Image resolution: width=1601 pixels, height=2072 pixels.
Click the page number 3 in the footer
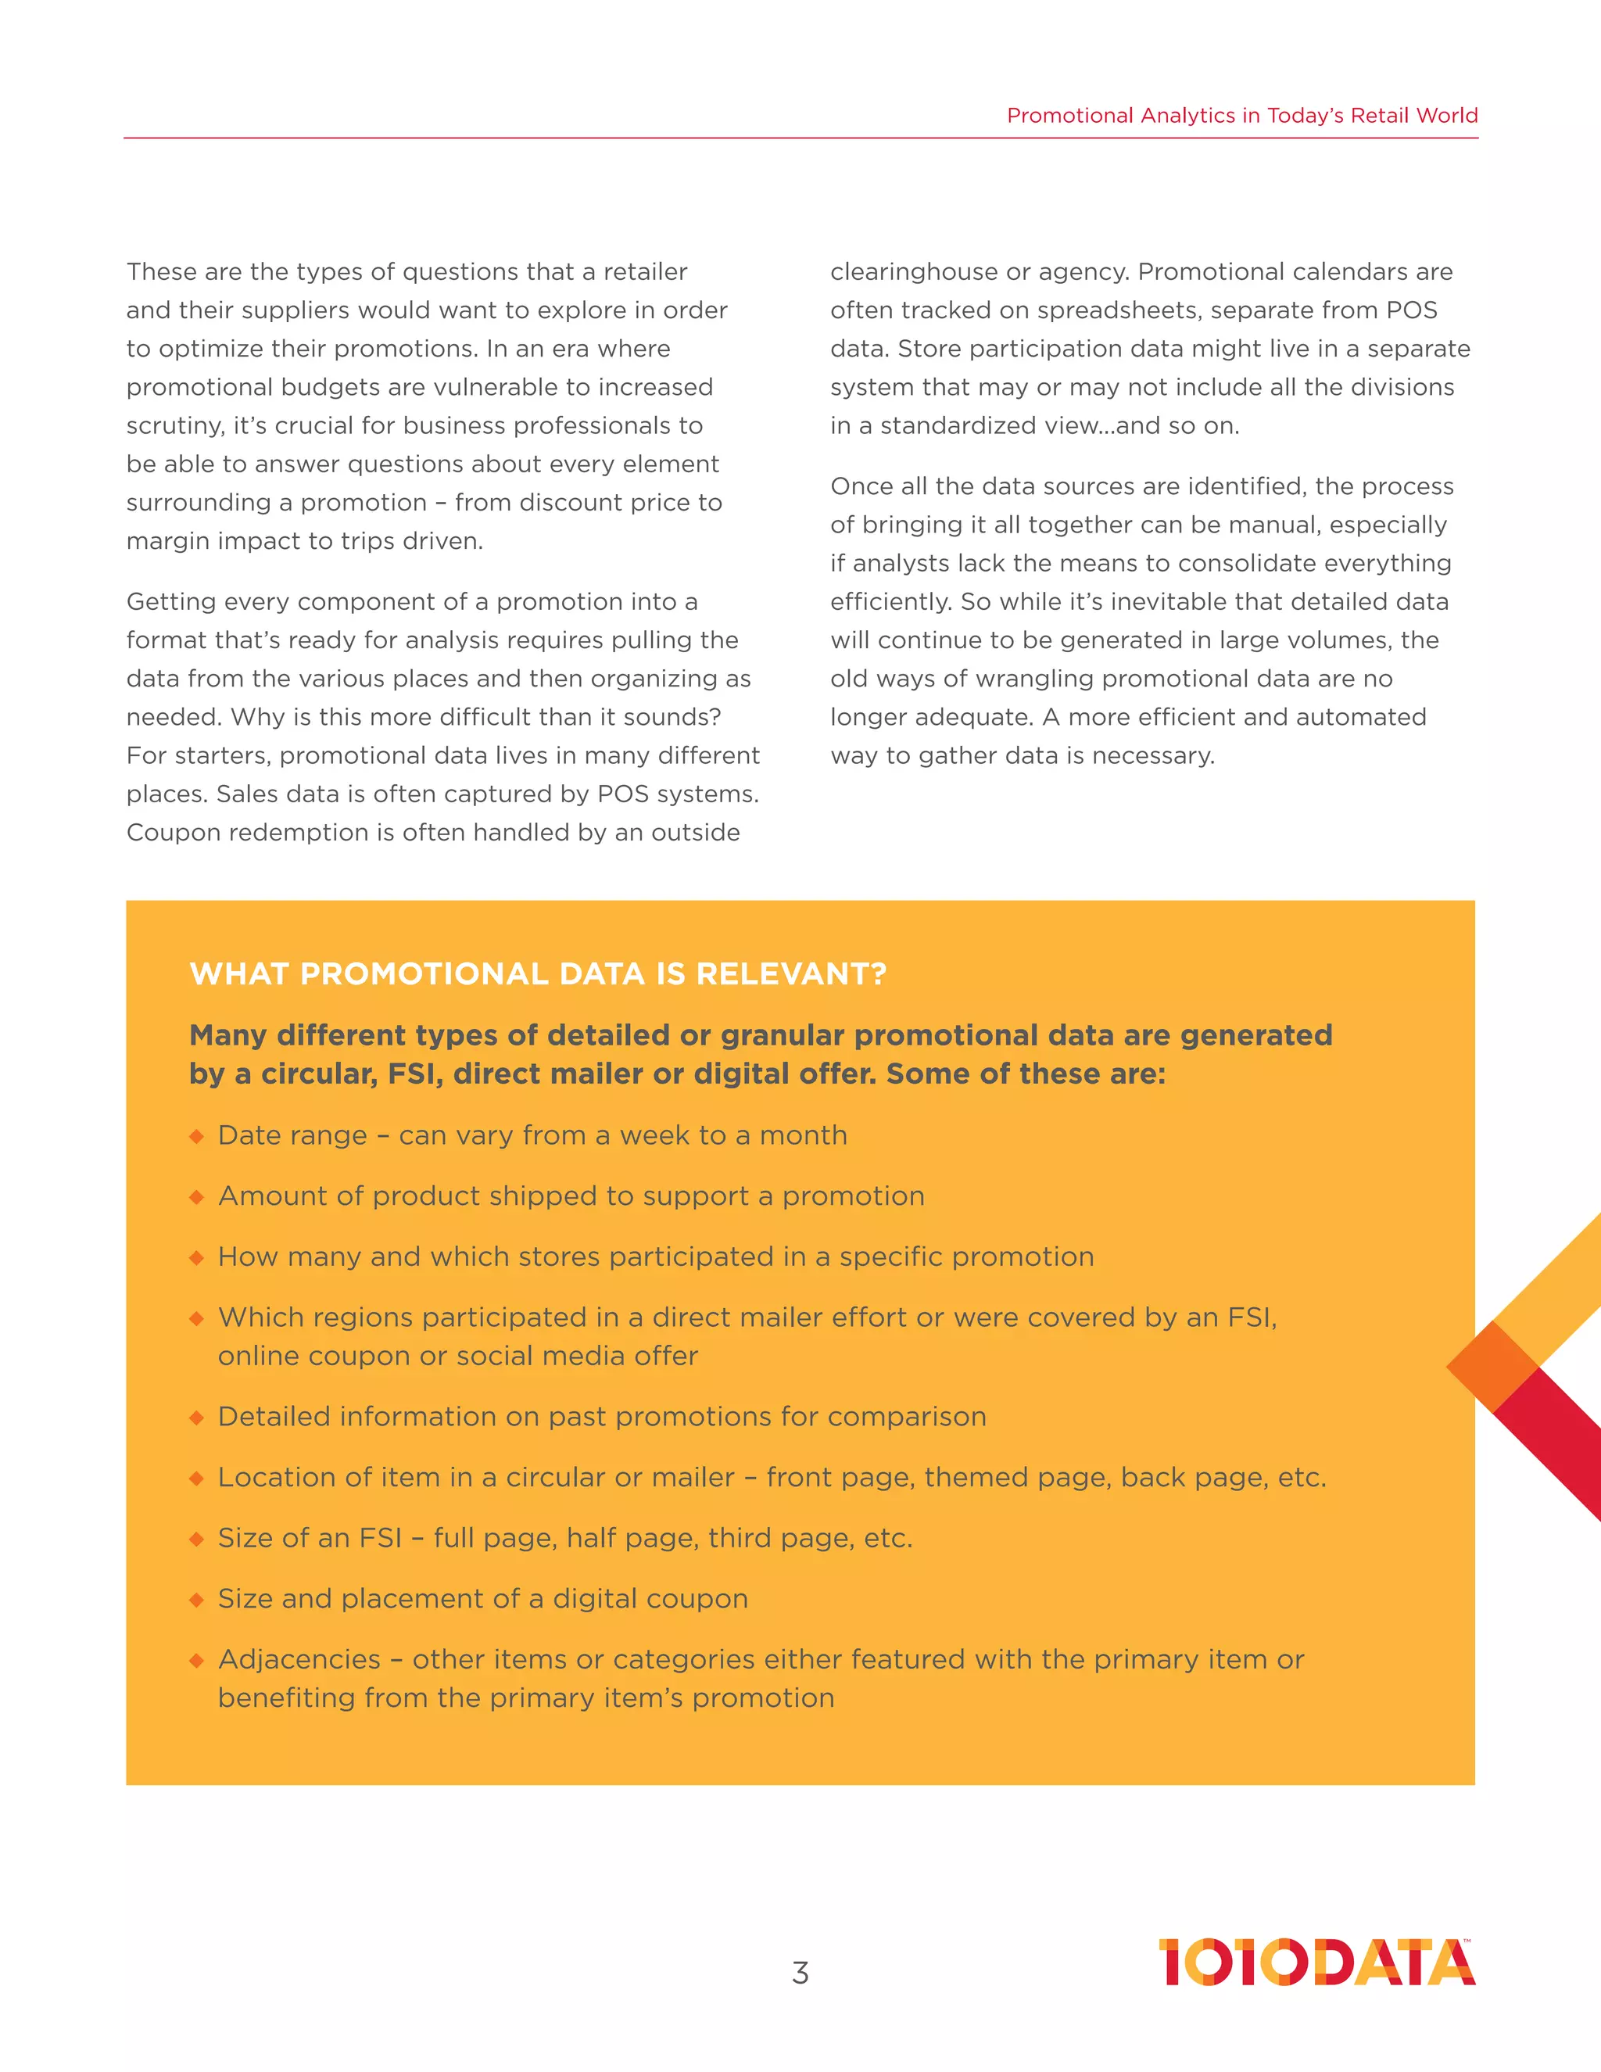(800, 1973)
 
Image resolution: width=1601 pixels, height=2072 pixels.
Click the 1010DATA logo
(1316, 1962)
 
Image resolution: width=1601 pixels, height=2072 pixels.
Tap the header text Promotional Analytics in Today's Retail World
(1241, 116)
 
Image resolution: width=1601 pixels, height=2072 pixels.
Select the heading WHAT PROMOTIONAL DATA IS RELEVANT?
(538, 974)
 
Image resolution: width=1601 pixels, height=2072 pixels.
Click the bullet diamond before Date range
(196, 1137)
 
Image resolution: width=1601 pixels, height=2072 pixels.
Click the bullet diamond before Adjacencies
(196, 1660)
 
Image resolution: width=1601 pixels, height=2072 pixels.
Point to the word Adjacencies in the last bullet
(299, 1659)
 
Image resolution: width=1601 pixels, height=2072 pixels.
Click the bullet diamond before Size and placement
(196, 1600)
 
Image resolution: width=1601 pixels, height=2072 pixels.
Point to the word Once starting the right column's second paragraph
(859, 486)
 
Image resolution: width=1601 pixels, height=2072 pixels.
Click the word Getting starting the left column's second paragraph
(170, 602)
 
